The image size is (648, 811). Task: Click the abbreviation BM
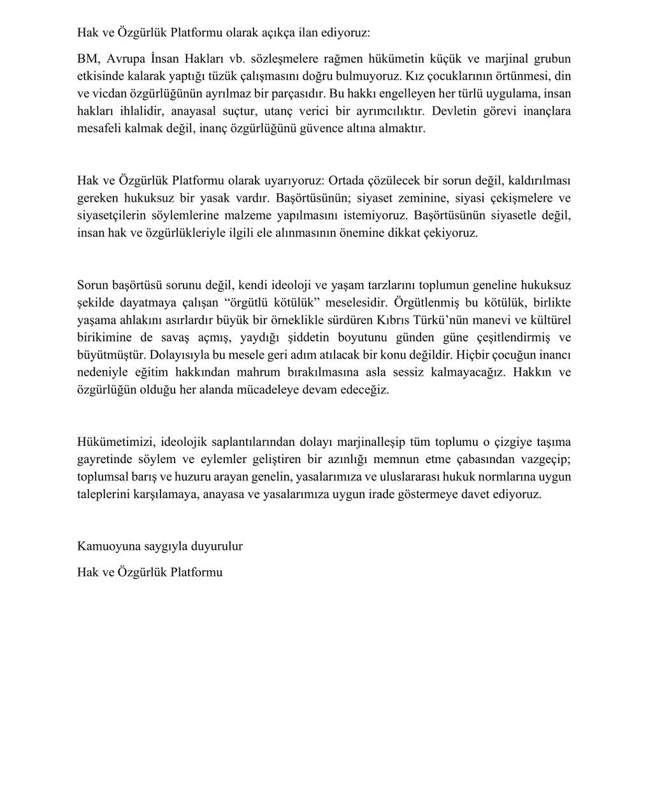[x=87, y=59]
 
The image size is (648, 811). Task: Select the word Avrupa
[x=126, y=59]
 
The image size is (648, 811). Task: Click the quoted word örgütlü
[x=247, y=302]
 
